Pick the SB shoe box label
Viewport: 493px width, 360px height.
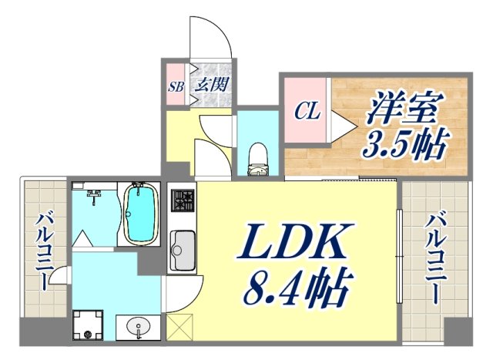click(174, 85)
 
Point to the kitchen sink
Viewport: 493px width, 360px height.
click(183, 247)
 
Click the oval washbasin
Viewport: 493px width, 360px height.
click(138, 327)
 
